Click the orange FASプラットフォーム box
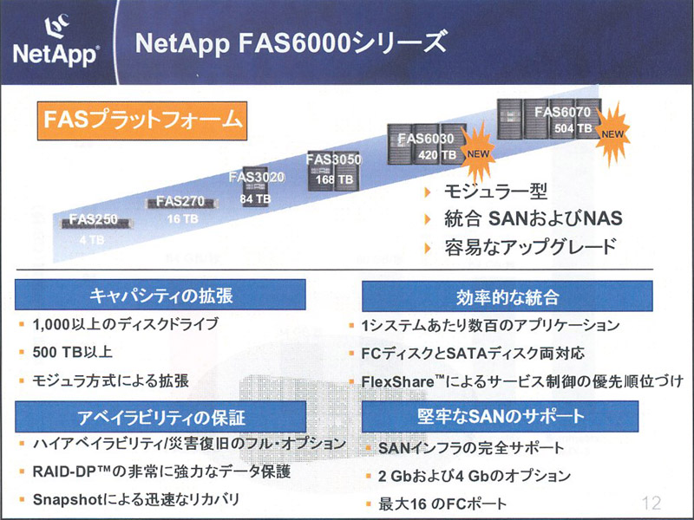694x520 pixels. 142,120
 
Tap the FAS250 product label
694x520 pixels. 94,219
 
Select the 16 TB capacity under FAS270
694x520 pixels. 182,218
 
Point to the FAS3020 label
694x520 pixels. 257,178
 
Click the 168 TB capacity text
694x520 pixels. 334,180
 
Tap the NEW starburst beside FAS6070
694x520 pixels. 612,134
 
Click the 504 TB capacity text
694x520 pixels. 573,128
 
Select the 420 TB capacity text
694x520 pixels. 437,155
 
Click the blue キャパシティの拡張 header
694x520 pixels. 160,295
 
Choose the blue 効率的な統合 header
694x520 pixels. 507,296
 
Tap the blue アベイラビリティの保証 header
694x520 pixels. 160,417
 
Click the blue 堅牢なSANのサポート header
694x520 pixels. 501,416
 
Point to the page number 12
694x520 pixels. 651,503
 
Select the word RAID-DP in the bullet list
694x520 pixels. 64,471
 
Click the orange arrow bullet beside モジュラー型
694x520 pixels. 428,192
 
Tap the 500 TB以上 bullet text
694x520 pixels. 73,353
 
